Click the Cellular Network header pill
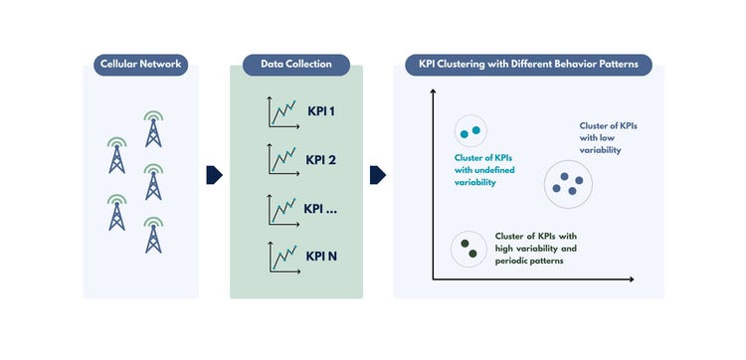(x=141, y=65)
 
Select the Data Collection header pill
(x=296, y=65)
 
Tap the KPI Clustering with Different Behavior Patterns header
(x=528, y=65)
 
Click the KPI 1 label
(x=321, y=112)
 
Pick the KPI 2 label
(x=320, y=160)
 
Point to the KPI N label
(x=321, y=257)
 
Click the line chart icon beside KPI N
(x=283, y=258)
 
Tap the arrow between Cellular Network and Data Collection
(x=214, y=175)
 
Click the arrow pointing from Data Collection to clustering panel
(x=378, y=175)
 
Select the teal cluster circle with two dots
(x=470, y=131)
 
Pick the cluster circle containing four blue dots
(x=568, y=184)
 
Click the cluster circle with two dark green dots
(x=468, y=249)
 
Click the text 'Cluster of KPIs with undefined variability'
(x=484, y=170)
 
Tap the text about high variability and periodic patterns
(x=536, y=249)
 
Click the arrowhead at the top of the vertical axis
(x=433, y=90)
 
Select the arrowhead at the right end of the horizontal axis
(x=632, y=279)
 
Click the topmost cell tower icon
(x=153, y=129)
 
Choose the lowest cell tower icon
(x=153, y=235)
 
